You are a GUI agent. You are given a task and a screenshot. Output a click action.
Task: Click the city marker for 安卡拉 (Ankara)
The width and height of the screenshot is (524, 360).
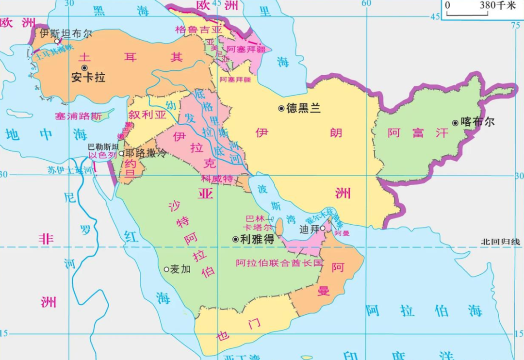tap(84, 68)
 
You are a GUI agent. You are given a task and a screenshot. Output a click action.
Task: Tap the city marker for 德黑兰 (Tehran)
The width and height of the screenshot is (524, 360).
tap(281, 108)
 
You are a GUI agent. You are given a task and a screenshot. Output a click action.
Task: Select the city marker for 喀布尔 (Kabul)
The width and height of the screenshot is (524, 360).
tap(455, 123)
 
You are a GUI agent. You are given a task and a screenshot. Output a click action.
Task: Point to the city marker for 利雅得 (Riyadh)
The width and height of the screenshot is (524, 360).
tap(235, 239)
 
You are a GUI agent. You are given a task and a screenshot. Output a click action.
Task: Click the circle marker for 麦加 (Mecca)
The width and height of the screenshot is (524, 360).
tap(166, 269)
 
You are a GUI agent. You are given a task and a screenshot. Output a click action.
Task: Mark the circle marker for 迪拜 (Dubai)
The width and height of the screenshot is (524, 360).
tap(322, 228)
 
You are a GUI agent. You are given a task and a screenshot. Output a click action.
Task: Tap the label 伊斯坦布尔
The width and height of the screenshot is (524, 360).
tap(65, 33)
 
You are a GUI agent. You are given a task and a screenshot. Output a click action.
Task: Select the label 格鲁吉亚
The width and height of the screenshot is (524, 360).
tap(198, 29)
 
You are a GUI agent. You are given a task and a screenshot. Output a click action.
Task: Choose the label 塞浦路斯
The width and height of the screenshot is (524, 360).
tap(78, 116)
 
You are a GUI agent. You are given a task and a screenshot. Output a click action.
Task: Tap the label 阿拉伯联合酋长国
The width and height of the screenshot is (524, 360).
tap(279, 263)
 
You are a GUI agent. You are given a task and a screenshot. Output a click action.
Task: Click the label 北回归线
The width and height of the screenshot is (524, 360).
tap(500, 241)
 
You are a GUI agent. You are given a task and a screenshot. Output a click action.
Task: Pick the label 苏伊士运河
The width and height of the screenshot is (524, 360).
tap(69, 170)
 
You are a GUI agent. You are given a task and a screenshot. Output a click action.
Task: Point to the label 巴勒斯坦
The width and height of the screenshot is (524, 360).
tap(103, 147)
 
